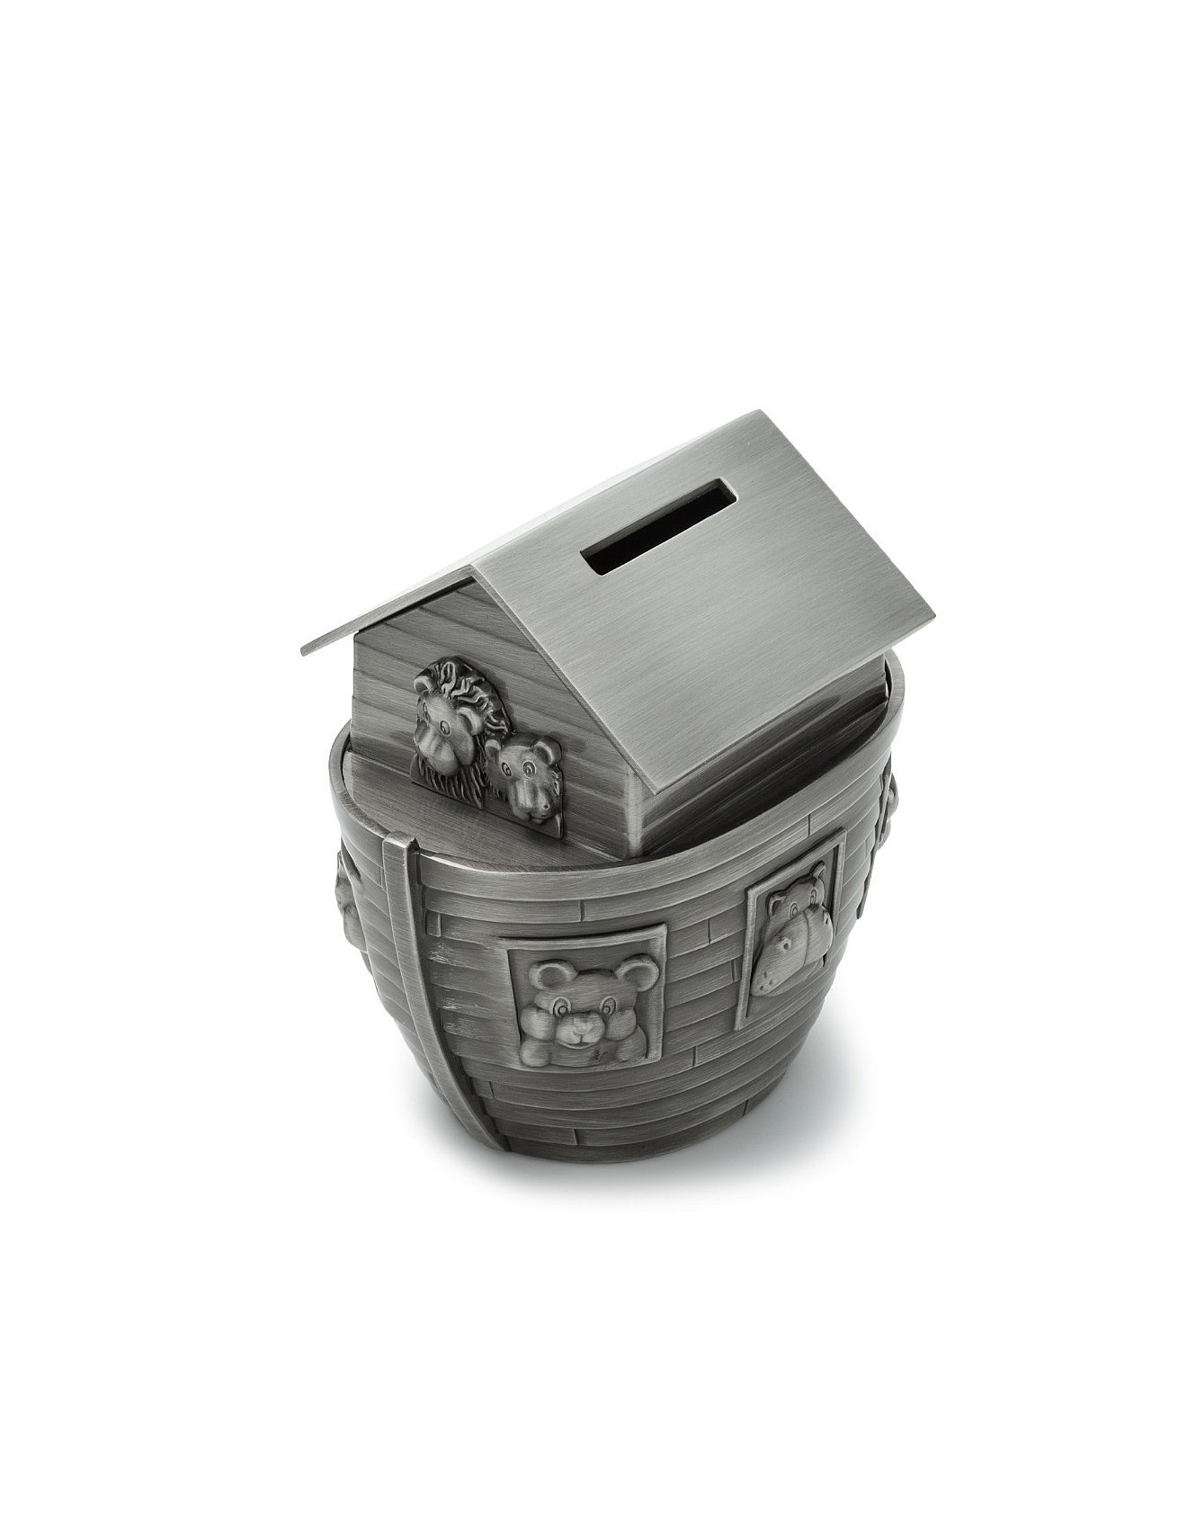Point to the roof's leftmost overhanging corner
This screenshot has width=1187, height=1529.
coord(303,651)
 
